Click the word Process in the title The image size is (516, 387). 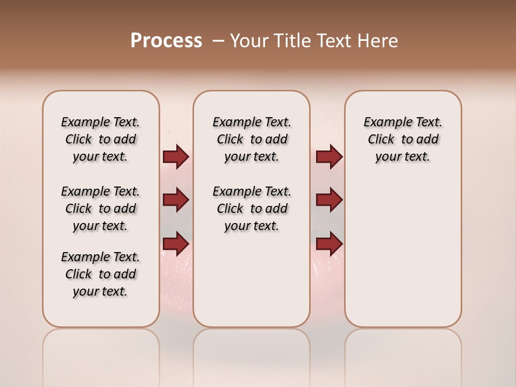point(166,40)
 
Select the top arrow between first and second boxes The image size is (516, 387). point(176,157)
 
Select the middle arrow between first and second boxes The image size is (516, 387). point(176,200)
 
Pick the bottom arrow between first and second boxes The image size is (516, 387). point(176,243)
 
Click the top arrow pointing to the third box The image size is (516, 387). point(329,157)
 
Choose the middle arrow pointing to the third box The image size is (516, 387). point(329,200)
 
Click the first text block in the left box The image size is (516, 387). point(101,139)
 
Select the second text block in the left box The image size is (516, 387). point(101,209)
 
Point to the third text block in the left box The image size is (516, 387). point(101,274)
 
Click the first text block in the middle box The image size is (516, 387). point(252,139)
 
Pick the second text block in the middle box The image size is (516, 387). point(252,209)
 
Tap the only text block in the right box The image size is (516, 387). point(403,139)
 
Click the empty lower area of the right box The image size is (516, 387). point(403,253)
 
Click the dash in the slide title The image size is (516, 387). point(218,40)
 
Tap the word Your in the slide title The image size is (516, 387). point(249,40)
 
